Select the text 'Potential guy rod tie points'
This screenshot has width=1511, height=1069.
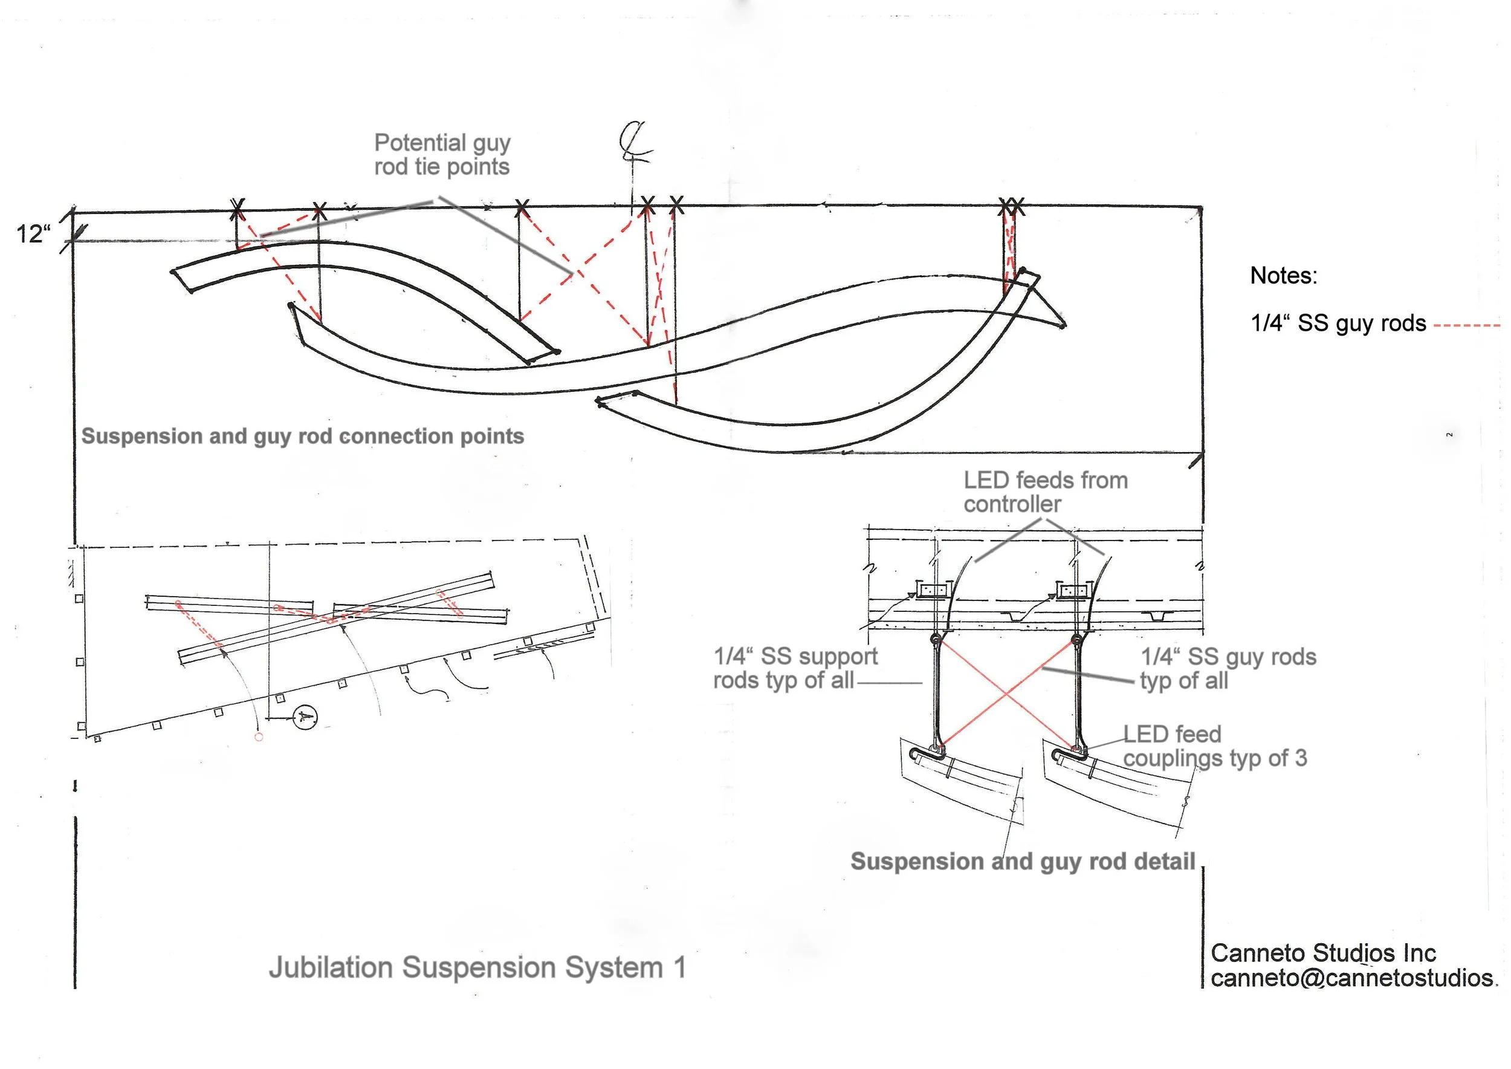442,155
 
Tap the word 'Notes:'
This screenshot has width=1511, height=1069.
1283,276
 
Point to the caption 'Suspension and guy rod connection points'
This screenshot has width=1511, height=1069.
303,437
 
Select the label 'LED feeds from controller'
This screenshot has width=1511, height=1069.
1045,492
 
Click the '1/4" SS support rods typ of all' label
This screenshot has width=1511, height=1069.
795,668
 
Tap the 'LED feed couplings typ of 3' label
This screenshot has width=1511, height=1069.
1214,747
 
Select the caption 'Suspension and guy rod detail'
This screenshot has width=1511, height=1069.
1023,862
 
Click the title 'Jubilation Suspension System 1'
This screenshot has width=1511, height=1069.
477,967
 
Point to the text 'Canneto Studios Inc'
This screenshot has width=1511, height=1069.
1323,953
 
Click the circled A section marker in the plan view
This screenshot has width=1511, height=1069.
304,717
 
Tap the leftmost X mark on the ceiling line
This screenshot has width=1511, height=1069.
238,209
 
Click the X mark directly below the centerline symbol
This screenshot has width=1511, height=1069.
647,206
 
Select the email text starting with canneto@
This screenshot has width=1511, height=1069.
1353,978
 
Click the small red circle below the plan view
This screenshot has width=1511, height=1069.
259,737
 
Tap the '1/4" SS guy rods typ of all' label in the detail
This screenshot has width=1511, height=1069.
1228,668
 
